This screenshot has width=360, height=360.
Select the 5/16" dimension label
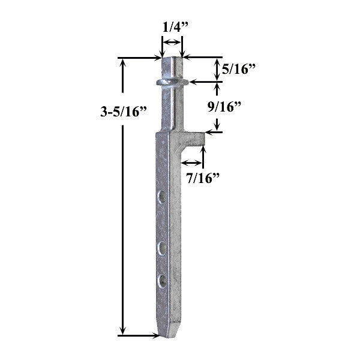[x=239, y=70]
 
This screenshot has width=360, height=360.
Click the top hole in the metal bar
[x=161, y=196]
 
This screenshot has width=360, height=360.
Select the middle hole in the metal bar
[x=161, y=246]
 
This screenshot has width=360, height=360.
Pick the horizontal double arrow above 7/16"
[x=193, y=162]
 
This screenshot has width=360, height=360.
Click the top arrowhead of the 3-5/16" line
[x=124, y=62]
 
